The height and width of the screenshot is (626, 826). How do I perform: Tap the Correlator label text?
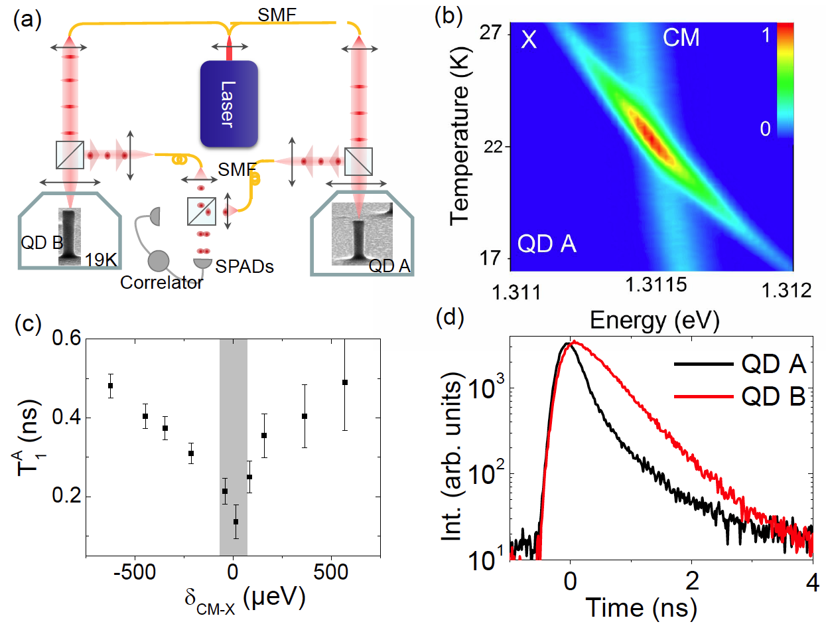(162, 283)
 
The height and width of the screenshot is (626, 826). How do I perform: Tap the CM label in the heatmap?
(681, 39)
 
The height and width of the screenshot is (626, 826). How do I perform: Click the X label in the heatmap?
(529, 39)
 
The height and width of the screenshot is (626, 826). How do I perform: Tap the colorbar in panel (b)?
(784, 80)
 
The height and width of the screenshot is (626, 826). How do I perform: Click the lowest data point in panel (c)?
(236, 522)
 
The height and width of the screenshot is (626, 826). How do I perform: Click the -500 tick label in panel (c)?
(135, 572)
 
